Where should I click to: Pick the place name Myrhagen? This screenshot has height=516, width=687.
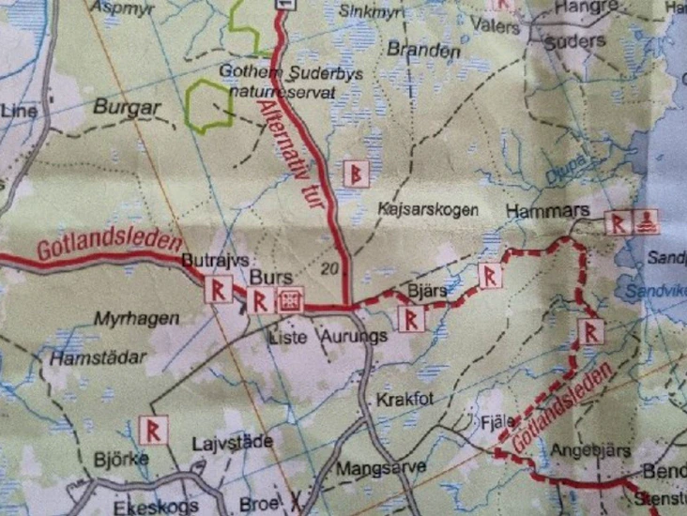pos(136,319)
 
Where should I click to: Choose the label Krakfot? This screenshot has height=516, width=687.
pos(405,400)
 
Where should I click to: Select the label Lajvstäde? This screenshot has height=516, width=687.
pos(231,442)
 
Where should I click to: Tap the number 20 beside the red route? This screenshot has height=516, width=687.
pos(328,269)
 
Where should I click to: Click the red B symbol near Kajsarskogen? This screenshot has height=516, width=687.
pos(357,173)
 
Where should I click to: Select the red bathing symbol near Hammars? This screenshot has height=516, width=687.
pos(647,222)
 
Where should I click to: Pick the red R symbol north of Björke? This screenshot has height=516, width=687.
pos(152,429)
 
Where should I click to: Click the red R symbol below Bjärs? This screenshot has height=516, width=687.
pos(412,320)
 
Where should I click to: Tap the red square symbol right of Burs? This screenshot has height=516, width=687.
pos(290,299)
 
